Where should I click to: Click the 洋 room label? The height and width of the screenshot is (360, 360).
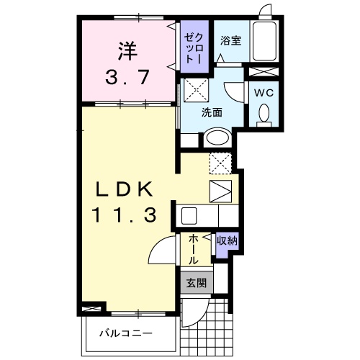click(127, 53)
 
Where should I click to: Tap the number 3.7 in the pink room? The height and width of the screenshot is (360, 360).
click(128, 77)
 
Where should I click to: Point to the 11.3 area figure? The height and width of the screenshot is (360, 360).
click(124, 215)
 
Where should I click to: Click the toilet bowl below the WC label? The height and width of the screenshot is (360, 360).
click(264, 114)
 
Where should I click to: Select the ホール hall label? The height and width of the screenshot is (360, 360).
click(194, 248)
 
